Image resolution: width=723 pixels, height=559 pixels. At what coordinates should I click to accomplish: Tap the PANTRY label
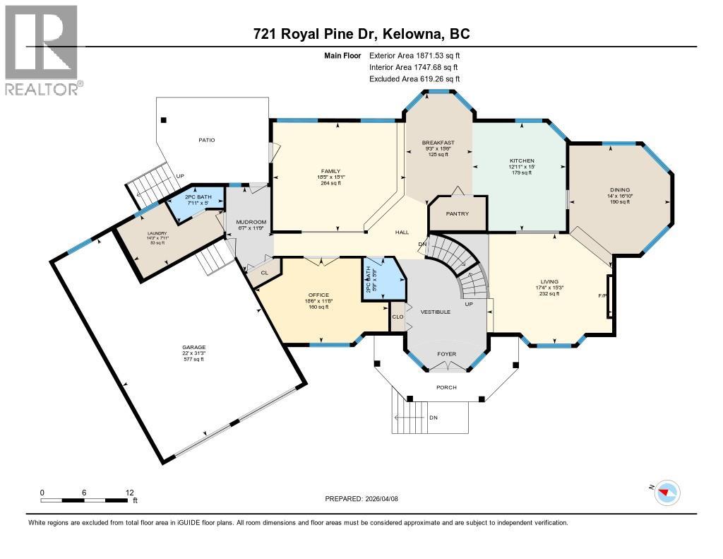(x=458, y=213)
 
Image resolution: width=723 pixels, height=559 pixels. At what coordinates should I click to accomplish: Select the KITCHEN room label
(x=522, y=161)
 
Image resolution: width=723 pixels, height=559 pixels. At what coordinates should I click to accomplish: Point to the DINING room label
(x=621, y=189)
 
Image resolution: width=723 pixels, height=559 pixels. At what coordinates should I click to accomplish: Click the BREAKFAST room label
(x=438, y=143)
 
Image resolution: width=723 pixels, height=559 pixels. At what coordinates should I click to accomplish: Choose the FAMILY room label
(x=330, y=171)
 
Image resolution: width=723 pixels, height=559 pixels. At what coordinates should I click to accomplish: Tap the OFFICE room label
(x=318, y=295)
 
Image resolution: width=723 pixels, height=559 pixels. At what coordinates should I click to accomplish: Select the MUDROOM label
(x=250, y=222)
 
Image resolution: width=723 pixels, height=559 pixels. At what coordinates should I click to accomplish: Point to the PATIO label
(x=206, y=140)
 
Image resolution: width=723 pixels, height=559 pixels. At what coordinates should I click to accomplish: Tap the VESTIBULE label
(x=436, y=312)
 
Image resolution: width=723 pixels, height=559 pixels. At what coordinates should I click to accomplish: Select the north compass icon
(x=667, y=492)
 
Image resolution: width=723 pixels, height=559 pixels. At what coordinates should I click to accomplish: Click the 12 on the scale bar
(x=129, y=492)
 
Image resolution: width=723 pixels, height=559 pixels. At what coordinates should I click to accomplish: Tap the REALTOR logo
(x=42, y=49)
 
